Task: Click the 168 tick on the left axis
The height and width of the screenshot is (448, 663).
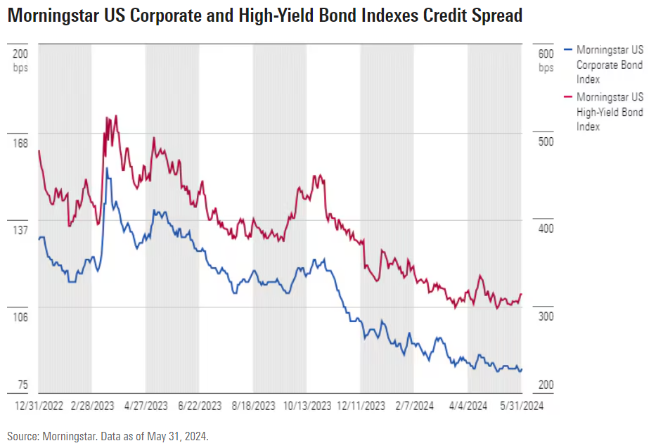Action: tap(20, 143)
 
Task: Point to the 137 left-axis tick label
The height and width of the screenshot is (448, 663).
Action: tap(20, 230)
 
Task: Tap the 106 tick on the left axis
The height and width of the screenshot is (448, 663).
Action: tap(20, 317)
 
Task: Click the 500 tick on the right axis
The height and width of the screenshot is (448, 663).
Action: tap(546, 142)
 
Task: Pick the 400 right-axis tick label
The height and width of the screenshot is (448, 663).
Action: tap(546, 229)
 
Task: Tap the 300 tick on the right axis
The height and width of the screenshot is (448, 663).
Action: tap(546, 316)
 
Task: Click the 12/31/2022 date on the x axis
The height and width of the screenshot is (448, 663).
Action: tap(39, 406)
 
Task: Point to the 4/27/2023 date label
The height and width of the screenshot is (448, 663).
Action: tap(146, 406)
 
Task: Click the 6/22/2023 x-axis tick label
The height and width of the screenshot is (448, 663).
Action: tap(200, 406)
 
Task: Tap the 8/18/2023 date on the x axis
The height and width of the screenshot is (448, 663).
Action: tap(253, 406)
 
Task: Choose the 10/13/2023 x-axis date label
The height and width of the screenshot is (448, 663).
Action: tap(307, 406)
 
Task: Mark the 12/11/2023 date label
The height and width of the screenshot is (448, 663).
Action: tap(361, 406)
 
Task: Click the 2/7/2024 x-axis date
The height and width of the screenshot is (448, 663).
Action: tap(414, 406)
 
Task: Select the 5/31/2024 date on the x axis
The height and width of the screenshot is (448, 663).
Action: tap(520, 406)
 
